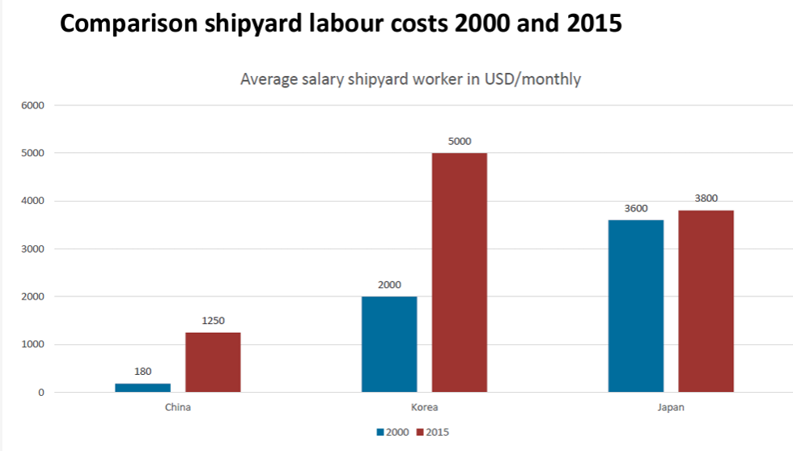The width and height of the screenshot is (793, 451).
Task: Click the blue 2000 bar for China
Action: pos(142,388)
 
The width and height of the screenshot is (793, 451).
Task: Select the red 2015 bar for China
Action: pos(213,362)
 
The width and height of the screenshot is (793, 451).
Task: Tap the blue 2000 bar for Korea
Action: pos(389,344)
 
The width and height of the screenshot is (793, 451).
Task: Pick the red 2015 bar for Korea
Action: pos(460,272)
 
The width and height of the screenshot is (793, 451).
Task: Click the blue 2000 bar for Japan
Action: pos(636,305)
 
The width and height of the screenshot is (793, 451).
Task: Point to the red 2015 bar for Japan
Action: pos(706,301)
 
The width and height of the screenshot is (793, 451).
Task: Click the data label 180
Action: pos(142,372)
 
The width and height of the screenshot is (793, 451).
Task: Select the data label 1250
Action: pos(213,321)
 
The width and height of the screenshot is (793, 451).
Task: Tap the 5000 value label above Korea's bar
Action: pos(460,141)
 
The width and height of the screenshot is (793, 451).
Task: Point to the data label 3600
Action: pos(636,208)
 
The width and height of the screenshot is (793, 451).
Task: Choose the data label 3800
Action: pos(706,198)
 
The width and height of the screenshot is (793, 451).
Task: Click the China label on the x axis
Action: pos(177,407)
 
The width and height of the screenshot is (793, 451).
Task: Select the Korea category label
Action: pos(424,407)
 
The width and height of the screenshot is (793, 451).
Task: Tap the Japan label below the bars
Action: pos(671,407)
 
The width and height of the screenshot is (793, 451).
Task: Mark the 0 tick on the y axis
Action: pos(40,393)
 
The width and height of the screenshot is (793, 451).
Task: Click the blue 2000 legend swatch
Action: pos(380,432)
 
